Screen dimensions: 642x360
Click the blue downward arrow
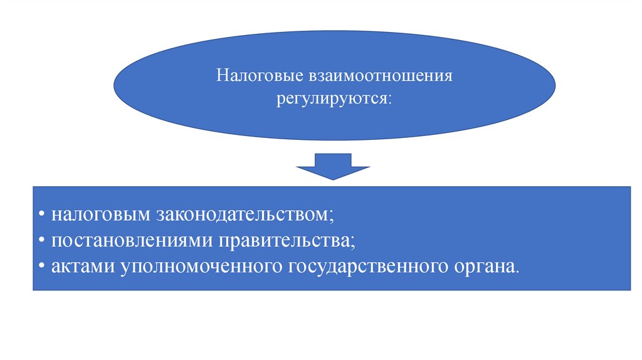(333, 166)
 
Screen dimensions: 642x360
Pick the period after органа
(518, 270)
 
